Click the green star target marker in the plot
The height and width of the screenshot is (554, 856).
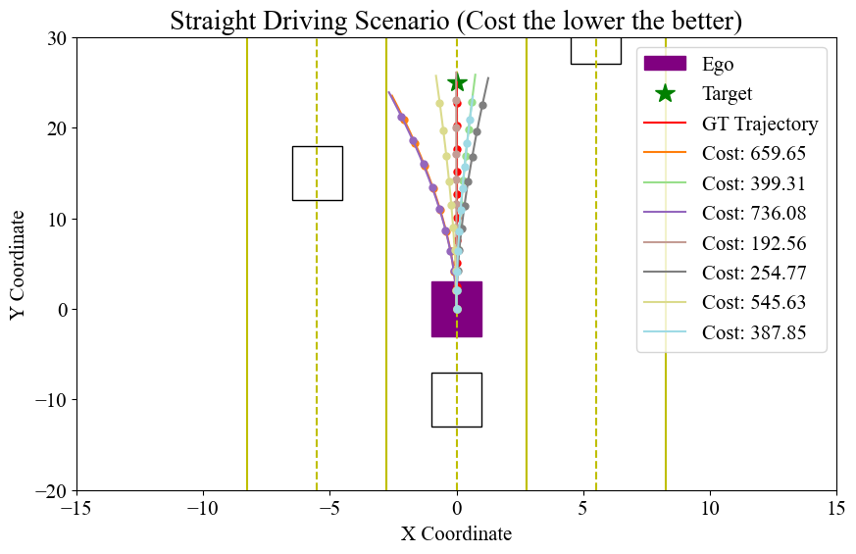pos(456,83)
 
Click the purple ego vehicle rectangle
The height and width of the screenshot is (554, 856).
pos(456,309)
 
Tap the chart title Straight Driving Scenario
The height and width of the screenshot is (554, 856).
pos(456,21)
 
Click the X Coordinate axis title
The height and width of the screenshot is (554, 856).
pos(456,534)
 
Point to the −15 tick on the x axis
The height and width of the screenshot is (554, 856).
pos(76,508)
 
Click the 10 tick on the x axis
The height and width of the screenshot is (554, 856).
pos(710,508)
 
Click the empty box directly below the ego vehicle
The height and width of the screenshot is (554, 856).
pos(456,400)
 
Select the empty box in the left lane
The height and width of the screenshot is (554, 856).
pos(317,174)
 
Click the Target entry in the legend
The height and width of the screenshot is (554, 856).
pos(727,94)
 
